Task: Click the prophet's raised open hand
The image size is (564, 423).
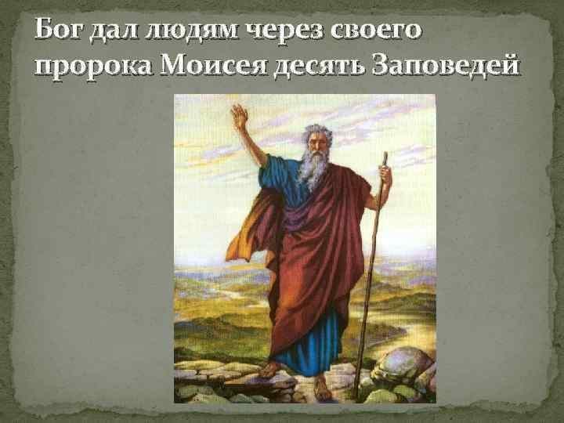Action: click(x=240, y=117)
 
